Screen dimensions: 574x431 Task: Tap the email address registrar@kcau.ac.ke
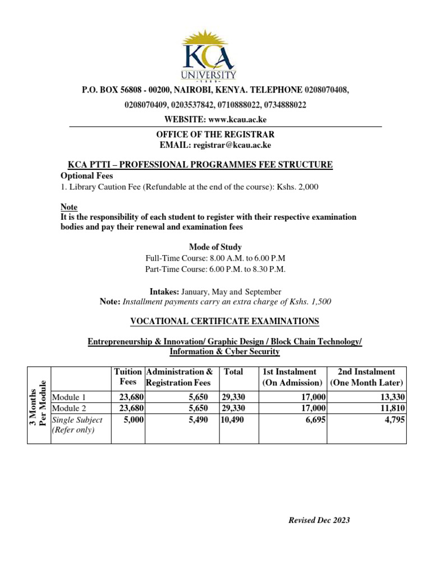pyautogui.click(x=232, y=145)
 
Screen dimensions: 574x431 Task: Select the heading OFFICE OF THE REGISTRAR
pyautogui.click(x=215, y=135)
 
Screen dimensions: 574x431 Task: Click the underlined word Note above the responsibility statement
pyautogui.click(x=68, y=207)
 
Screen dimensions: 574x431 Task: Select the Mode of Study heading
pyautogui.click(x=215, y=247)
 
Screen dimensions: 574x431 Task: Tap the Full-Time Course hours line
pyautogui.click(x=215, y=258)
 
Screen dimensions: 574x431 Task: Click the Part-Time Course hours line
pyautogui.click(x=215, y=269)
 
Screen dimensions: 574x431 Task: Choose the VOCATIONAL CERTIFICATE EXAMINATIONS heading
pyautogui.click(x=224, y=321)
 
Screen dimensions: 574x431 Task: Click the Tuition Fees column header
pyautogui.click(x=127, y=377)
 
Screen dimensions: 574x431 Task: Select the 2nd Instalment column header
pyautogui.click(x=366, y=377)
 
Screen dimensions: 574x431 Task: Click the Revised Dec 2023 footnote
pyautogui.click(x=319, y=520)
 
